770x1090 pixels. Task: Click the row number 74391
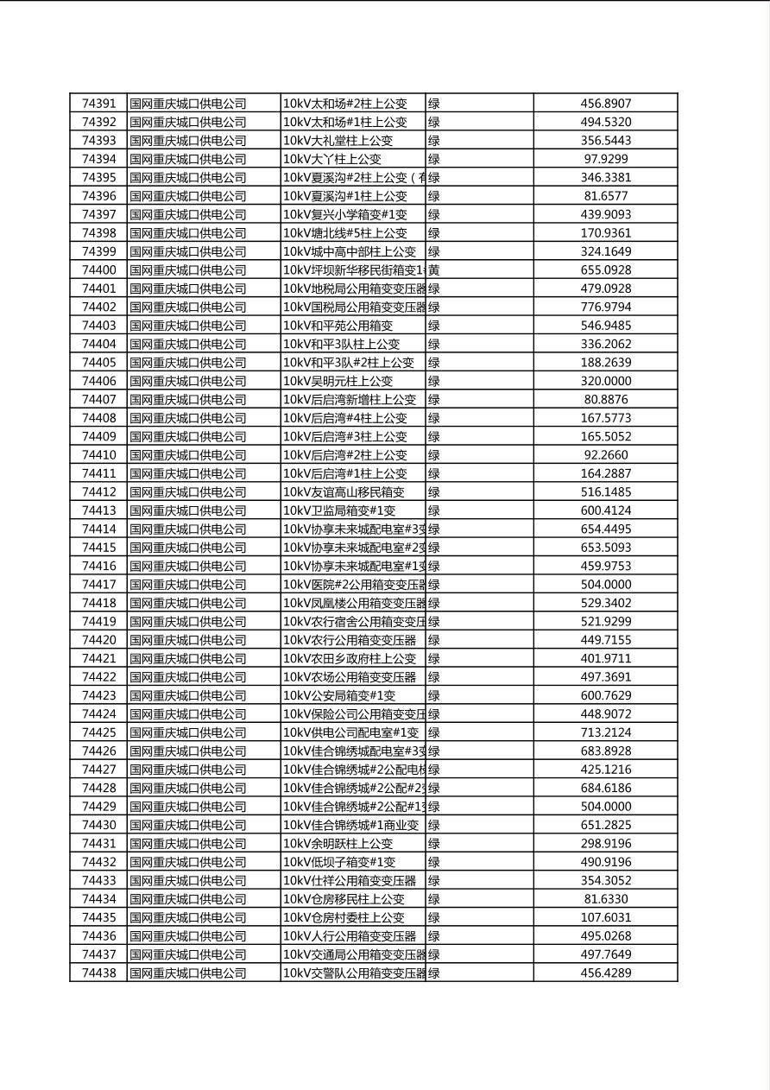[x=98, y=104]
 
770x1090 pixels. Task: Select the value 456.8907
[x=605, y=104]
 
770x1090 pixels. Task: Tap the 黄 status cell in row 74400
[x=434, y=270]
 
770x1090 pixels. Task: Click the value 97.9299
[x=605, y=159]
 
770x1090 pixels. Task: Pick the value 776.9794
[x=605, y=307]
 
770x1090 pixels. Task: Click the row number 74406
[x=98, y=381]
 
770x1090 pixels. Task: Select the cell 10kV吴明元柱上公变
[x=338, y=381]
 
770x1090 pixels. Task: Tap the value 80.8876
[x=605, y=399]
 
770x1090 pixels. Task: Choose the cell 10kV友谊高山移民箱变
[x=344, y=491]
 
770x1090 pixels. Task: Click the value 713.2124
[x=605, y=732]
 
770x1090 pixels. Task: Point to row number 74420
[x=98, y=640]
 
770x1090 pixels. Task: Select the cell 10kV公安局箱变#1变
[x=339, y=695]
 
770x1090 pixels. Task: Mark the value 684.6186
[x=605, y=788]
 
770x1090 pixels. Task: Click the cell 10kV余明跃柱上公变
[x=338, y=843]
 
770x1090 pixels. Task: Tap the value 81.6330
[x=605, y=899]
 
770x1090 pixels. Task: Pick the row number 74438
[x=98, y=973]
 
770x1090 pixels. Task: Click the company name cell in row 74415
[x=188, y=548]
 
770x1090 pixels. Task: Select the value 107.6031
[x=605, y=917]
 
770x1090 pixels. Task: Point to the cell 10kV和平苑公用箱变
[x=338, y=326]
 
